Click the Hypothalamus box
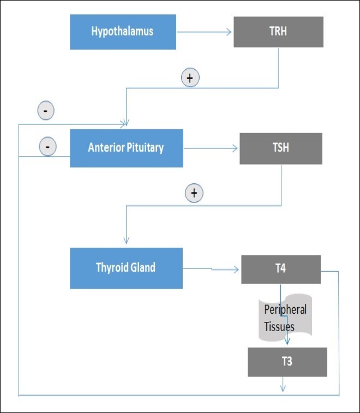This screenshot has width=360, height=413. tap(122, 31)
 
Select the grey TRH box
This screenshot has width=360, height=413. tap(278, 32)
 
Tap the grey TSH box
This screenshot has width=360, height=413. tap(280, 148)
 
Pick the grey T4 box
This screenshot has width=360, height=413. tap(280, 269)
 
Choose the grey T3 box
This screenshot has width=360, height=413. tap(287, 362)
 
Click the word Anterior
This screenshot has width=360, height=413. tap(107, 148)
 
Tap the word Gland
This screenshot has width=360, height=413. tap(143, 267)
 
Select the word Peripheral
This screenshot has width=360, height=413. tap(285, 310)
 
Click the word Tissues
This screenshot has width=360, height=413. tap(279, 327)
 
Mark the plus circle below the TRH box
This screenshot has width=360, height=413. tap(190, 78)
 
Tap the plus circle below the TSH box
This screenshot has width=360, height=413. tap(193, 193)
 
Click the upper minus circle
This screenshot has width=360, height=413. tap(45, 111)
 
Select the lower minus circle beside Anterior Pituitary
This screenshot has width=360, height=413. tap(47, 146)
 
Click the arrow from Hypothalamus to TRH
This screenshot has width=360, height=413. tap(205, 32)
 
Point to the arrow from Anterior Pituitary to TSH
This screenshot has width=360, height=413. tap(211, 148)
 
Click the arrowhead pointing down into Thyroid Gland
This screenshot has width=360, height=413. tap(127, 241)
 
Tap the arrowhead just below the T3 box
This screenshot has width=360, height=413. tap(283, 388)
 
